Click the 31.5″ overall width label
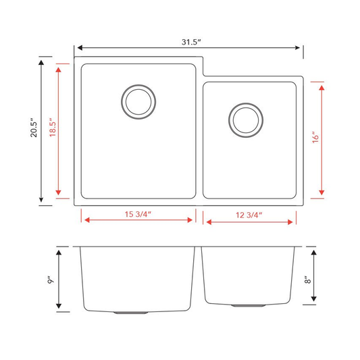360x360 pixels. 191,42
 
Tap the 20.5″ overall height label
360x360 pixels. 34,128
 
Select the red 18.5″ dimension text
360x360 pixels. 53,128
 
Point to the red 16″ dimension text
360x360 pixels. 315,137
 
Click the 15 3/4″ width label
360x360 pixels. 138,214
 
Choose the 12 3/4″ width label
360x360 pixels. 249,215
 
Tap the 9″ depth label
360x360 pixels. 51,280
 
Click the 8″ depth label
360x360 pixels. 307,280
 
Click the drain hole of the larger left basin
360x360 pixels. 138,102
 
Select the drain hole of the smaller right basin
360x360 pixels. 246,120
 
